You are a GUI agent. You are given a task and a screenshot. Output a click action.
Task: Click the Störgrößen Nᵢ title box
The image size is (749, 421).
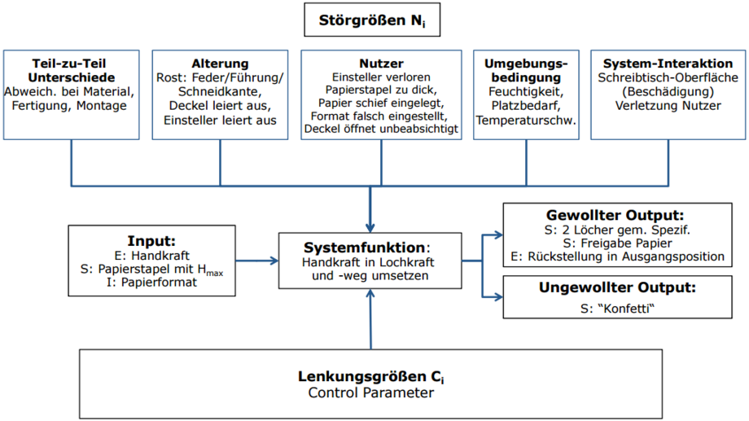click(372, 20)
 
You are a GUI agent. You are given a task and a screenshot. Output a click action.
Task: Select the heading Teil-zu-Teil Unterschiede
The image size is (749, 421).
click(71, 71)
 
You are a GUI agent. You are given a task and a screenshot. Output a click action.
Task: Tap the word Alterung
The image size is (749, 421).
click(220, 64)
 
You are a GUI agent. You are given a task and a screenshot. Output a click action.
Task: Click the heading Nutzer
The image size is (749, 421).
click(381, 64)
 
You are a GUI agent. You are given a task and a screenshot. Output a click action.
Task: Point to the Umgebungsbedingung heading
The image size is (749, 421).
click(526, 71)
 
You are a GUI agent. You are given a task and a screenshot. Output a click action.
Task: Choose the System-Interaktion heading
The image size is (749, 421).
click(668, 64)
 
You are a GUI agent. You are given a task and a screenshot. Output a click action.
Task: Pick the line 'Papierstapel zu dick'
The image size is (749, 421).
click(381, 90)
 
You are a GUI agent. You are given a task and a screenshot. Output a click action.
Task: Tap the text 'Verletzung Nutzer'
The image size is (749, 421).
click(668, 106)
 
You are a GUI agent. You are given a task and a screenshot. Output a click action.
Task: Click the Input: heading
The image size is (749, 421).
click(151, 241)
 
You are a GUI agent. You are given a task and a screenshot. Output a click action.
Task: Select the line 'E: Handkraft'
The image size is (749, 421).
click(152, 256)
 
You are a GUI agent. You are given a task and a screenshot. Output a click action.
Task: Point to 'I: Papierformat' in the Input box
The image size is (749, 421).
click(151, 283)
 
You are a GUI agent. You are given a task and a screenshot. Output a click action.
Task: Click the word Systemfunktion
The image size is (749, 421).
click(365, 248)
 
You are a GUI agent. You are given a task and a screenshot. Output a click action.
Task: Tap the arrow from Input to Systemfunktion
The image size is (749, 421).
click(257, 261)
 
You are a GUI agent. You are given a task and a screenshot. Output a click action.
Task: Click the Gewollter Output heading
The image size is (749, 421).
click(615, 215)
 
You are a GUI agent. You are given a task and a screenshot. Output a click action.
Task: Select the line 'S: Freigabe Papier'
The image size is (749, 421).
click(617, 243)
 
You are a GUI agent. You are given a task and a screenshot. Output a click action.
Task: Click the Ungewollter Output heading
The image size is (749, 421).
click(617, 287)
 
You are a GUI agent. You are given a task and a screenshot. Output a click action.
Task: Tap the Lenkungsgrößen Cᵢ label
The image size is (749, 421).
click(371, 376)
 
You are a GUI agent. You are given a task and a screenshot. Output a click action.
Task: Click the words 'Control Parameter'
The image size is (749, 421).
click(371, 392)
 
